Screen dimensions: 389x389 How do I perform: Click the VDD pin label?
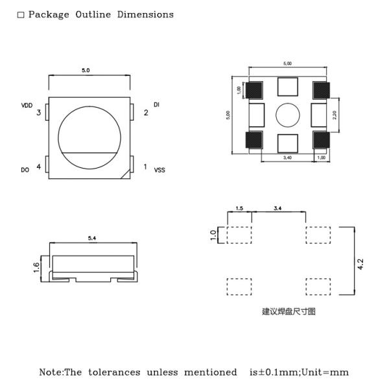tap(27, 105)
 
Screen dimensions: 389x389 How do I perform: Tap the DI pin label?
tap(156, 104)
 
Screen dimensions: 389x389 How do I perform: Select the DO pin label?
tap(25, 170)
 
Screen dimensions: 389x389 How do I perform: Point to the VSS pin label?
tap(159, 170)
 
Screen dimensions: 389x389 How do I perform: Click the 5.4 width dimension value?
tap(92, 239)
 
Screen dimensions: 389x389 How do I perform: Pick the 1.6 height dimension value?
tap(38, 266)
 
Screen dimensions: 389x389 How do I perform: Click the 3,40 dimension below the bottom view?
tap(287, 157)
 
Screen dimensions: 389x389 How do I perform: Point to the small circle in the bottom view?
tap(287, 115)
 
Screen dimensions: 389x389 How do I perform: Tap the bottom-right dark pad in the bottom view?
tap(320, 139)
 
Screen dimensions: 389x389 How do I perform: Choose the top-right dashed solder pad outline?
tap(318, 235)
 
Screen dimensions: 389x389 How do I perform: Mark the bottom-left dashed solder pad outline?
tap(239, 287)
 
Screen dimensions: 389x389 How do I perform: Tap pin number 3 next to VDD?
tap(39, 113)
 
